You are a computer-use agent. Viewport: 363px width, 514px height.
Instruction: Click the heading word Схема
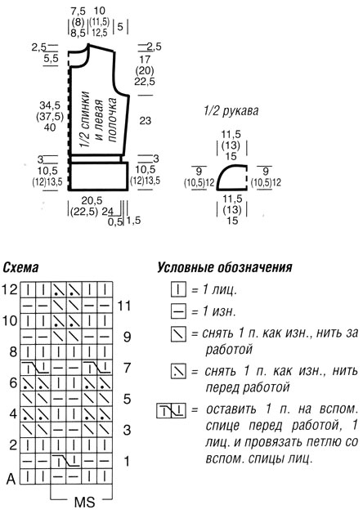20,268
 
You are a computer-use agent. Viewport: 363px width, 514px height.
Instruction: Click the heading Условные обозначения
224,267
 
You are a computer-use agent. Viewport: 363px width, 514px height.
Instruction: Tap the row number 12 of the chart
9,289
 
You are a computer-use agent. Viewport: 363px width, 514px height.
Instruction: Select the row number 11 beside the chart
124,306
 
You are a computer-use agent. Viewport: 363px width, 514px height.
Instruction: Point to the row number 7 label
127,368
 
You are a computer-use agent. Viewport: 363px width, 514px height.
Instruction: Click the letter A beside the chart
11,479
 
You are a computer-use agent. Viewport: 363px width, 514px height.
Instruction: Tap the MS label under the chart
84,503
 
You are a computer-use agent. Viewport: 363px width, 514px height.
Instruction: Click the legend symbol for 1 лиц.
178,289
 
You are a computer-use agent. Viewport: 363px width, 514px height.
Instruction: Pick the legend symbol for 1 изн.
178,311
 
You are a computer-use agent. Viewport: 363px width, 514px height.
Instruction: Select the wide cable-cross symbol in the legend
171,410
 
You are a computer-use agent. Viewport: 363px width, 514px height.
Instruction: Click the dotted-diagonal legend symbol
178,372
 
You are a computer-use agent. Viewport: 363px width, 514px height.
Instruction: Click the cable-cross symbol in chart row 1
67,461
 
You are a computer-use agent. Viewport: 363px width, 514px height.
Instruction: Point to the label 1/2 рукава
231,111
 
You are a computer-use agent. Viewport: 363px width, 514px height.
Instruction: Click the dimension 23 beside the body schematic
145,120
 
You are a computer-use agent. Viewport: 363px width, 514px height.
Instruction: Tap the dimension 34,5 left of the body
50,105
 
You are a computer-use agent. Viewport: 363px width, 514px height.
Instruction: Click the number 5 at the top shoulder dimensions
120,26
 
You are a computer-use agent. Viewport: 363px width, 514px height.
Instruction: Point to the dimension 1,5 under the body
133,221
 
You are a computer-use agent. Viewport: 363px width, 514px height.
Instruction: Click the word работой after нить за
229,350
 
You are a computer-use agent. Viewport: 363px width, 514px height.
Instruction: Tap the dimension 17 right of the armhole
145,60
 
